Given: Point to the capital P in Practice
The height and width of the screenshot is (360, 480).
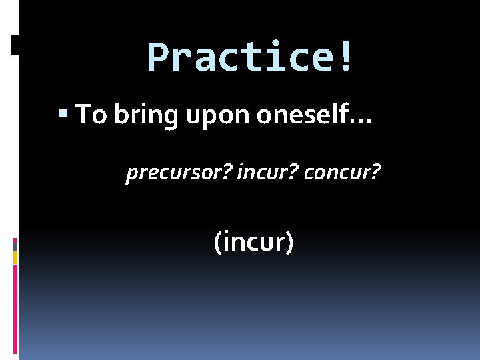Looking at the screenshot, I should (157, 57).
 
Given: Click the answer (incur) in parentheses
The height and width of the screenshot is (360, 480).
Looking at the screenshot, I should (253, 241).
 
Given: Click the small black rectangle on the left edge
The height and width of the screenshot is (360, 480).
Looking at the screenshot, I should (15, 45).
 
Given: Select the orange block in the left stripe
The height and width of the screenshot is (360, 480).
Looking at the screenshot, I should (15, 257).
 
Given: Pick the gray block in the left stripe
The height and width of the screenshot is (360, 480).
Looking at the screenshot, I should (15, 245).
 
